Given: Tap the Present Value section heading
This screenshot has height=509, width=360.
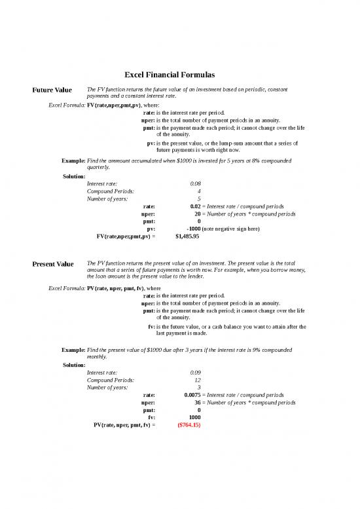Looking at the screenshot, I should pos(53,265).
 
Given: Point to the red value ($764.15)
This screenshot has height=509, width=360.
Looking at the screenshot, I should pos(189,425).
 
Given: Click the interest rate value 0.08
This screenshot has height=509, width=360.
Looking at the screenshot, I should pos(195,184).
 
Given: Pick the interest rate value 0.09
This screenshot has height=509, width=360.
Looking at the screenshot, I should pos(195,372).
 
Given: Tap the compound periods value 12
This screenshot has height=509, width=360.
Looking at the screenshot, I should pos(197,380).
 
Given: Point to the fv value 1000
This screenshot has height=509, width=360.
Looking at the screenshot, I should pos(194,417).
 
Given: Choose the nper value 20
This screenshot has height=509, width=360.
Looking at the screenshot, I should pos(197,214).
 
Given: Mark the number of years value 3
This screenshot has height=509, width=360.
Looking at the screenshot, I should pos(198,387).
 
